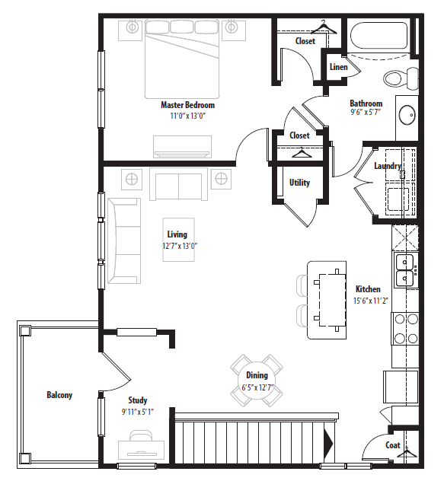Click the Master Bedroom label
[x=187, y=105]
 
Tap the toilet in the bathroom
[x=401, y=78]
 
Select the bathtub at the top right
[x=379, y=36]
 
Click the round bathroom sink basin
[x=407, y=115]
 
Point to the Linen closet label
[x=338, y=67]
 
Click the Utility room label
[x=299, y=183]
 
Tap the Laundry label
[x=388, y=166]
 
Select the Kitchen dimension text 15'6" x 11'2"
[x=371, y=301]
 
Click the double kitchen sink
[x=404, y=270]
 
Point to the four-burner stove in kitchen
[x=406, y=329]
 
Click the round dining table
[x=257, y=381]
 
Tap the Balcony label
[x=59, y=395]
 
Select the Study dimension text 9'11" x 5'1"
[x=137, y=412]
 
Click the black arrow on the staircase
[x=328, y=442]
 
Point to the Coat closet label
[x=393, y=445]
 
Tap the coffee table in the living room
[x=178, y=240]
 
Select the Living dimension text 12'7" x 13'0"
[x=180, y=246]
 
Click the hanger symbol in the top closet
[x=324, y=27]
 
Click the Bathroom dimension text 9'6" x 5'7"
[x=366, y=112]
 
